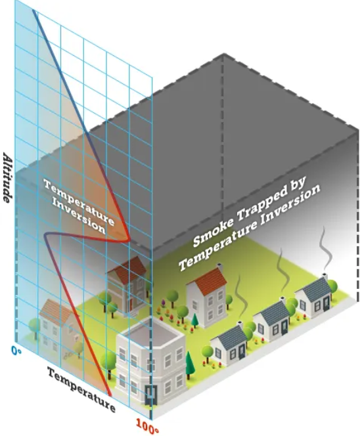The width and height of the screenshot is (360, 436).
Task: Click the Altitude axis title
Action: pos(7,177)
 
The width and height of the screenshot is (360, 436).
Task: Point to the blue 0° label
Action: pos(16,351)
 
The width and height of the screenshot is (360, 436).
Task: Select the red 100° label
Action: pos(147,426)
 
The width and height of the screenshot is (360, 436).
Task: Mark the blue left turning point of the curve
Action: pos(45,236)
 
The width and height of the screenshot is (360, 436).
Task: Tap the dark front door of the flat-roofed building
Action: pos(151,395)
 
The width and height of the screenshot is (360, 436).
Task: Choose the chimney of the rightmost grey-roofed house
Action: pos(325,276)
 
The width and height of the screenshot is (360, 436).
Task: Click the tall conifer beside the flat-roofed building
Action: pos(189,364)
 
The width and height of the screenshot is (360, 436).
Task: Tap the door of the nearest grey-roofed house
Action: pos(242,353)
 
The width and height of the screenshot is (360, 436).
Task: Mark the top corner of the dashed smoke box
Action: pos(223,54)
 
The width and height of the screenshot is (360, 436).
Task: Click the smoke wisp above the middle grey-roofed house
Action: pos(283,272)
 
